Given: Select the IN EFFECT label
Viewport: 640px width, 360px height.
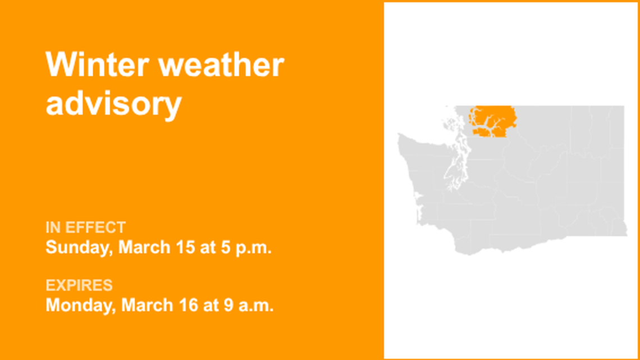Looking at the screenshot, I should (86, 227).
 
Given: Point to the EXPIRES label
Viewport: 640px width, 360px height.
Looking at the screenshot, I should (79, 285).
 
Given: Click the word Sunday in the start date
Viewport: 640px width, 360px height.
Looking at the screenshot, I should (78, 247).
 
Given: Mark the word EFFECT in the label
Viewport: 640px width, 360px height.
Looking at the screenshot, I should (95, 227).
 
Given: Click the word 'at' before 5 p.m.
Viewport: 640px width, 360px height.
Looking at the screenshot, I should (206, 247).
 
